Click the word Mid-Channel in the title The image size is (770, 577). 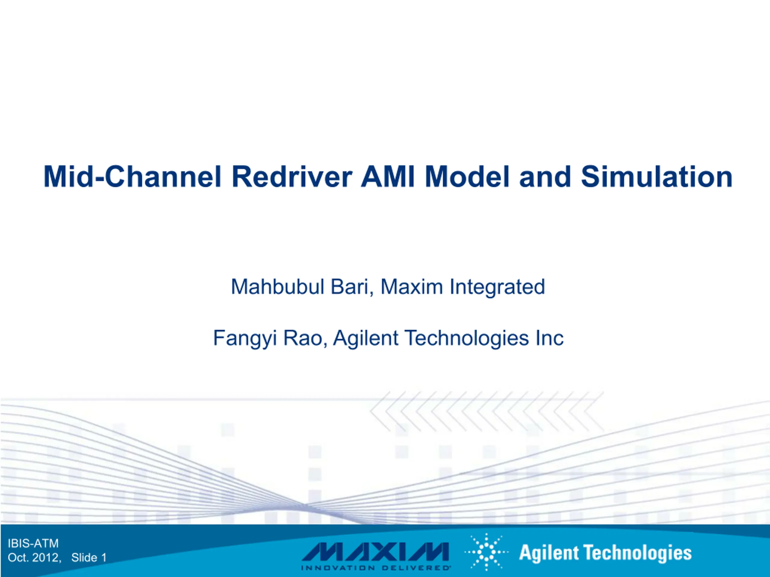pos(132,177)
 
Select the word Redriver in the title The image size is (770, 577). pos(292,177)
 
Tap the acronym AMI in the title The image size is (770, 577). pos(388,177)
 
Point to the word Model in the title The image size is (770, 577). pos(467,177)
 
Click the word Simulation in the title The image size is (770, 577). pos(657,177)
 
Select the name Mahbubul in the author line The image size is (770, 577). pos(278,287)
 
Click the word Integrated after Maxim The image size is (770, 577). pos(497,288)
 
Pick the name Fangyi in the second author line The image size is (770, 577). pos(245,338)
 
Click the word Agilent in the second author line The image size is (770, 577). pos(365,338)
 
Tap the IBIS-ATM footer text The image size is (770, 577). pos(33,543)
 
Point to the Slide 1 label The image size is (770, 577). pos(89,557)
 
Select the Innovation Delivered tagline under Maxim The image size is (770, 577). pos(376,568)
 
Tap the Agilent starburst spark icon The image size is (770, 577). pos(487,552)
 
